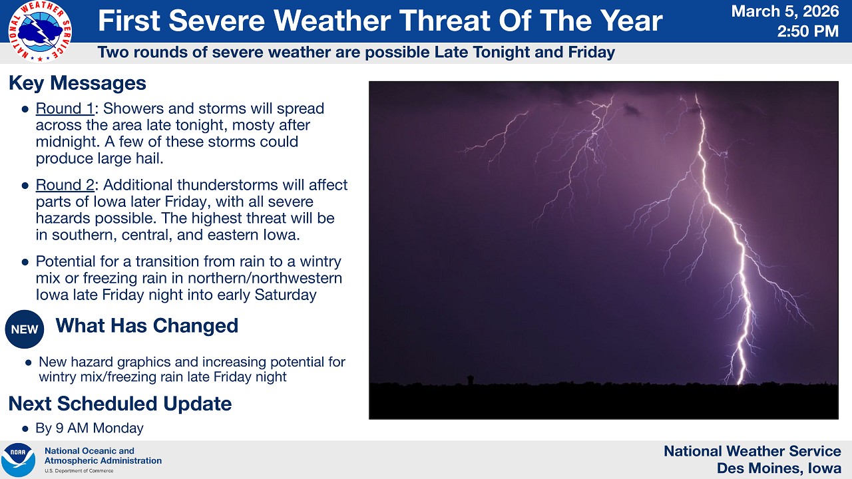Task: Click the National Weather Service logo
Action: (40, 31)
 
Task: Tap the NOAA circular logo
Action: (18, 460)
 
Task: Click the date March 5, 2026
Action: (785, 11)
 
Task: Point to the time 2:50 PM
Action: (807, 31)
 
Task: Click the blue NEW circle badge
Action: (25, 329)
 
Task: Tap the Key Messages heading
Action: (77, 83)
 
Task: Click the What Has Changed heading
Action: (146, 325)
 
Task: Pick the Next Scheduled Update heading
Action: (120, 404)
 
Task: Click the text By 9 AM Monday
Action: (89, 428)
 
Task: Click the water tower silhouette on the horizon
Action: (471, 379)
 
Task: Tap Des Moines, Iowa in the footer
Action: (779, 468)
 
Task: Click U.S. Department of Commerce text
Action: (79, 470)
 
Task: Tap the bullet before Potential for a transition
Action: (25, 262)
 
